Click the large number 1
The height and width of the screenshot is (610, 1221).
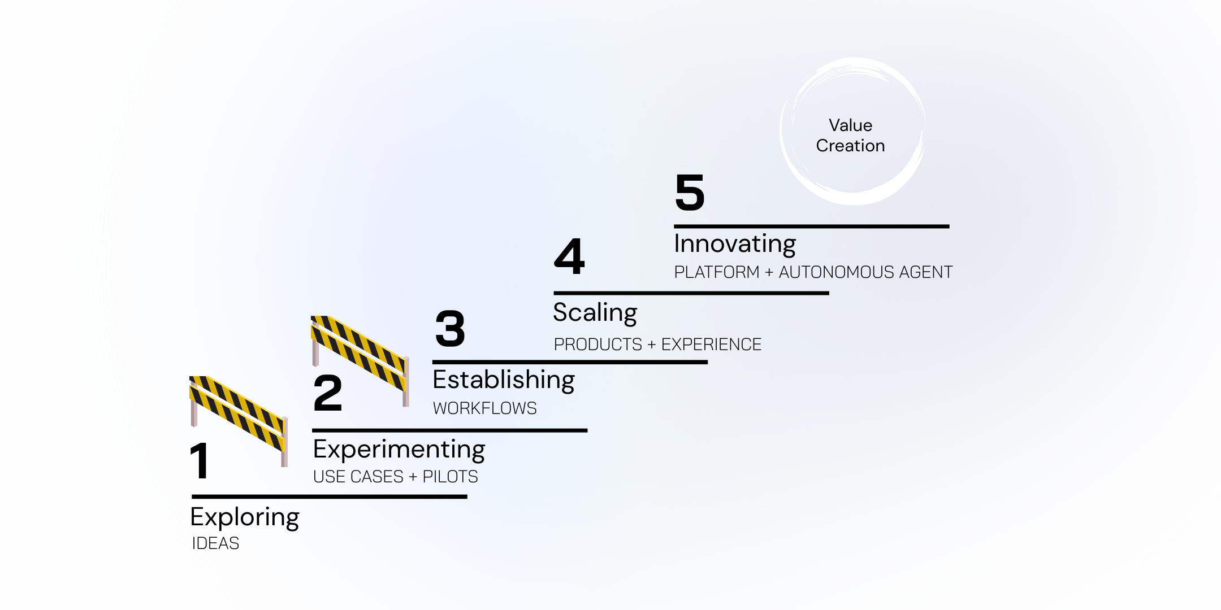(x=200, y=460)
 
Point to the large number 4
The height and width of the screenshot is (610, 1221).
(x=569, y=256)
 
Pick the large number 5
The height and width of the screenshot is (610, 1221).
(x=690, y=193)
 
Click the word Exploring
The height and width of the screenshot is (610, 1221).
(x=245, y=517)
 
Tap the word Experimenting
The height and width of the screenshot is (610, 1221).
(x=399, y=450)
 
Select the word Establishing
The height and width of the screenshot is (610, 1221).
(x=504, y=380)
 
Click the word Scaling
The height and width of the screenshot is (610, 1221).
(x=595, y=312)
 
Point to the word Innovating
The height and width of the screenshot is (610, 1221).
(x=735, y=244)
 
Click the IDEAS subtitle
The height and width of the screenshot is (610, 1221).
(x=215, y=543)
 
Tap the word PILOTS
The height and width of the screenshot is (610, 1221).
(x=450, y=477)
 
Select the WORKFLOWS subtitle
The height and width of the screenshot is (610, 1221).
(x=484, y=408)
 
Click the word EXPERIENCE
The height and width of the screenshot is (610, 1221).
(x=711, y=345)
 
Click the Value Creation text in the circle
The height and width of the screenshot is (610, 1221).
(x=850, y=136)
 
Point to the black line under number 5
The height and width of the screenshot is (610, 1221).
(x=811, y=226)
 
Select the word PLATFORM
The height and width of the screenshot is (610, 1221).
(x=717, y=272)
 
